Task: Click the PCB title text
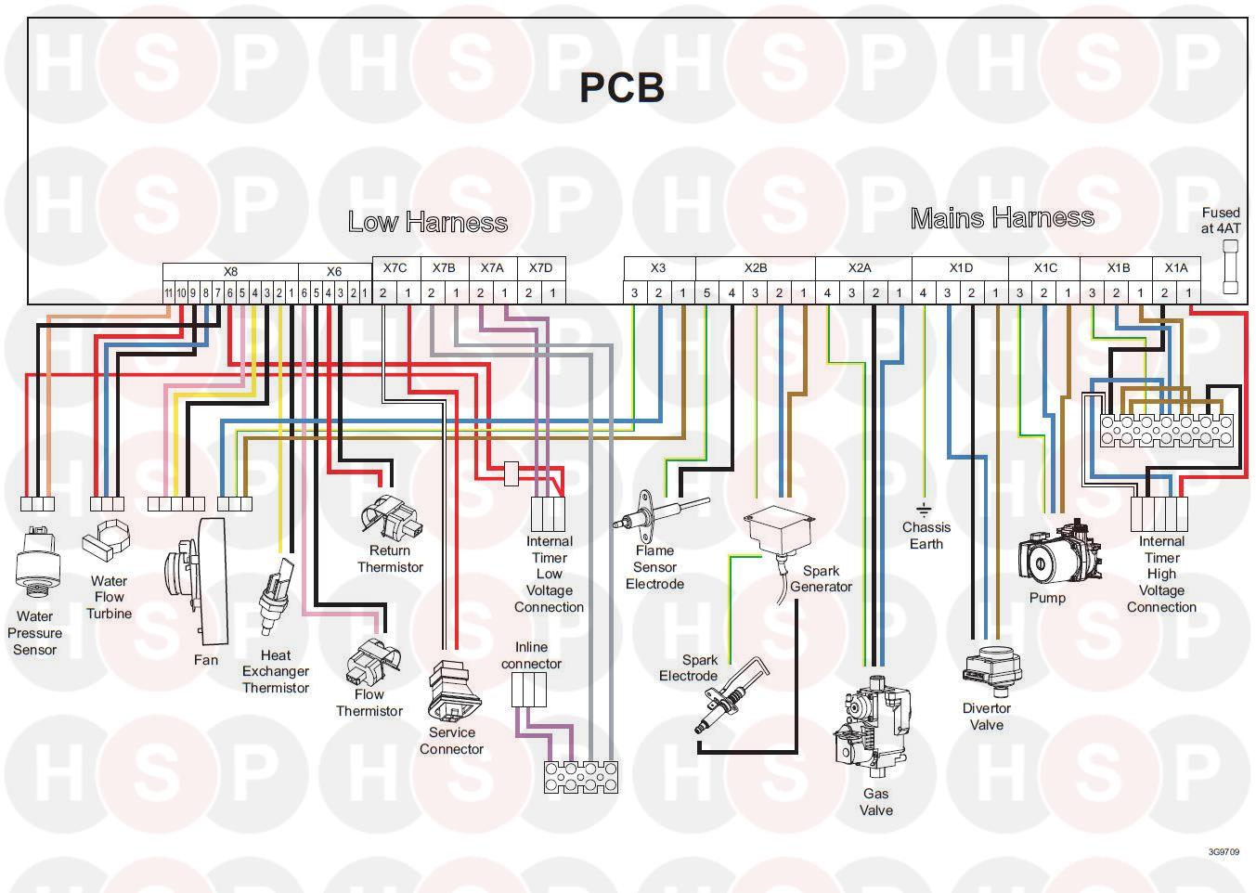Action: pyautogui.click(x=621, y=87)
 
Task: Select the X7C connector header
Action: pyautogui.click(x=395, y=268)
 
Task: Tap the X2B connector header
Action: pyautogui.click(x=756, y=268)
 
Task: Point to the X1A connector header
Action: pyautogui.click(x=1176, y=268)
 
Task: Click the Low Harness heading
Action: pyautogui.click(x=428, y=222)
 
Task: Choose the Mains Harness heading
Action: pyautogui.click(x=1003, y=218)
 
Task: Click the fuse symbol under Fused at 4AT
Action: pyautogui.click(x=1230, y=267)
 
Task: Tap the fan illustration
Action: pyautogui.click(x=197, y=580)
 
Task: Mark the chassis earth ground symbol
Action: pyautogui.click(x=924, y=510)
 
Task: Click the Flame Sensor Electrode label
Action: pyautogui.click(x=654, y=567)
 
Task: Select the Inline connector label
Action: pyautogui.click(x=531, y=655)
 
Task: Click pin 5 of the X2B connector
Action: pyautogui.click(x=707, y=293)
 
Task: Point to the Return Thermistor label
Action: pyautogui.click(x=390, y=559)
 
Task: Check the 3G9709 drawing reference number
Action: pyautogui.click(x=1224, y=851)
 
